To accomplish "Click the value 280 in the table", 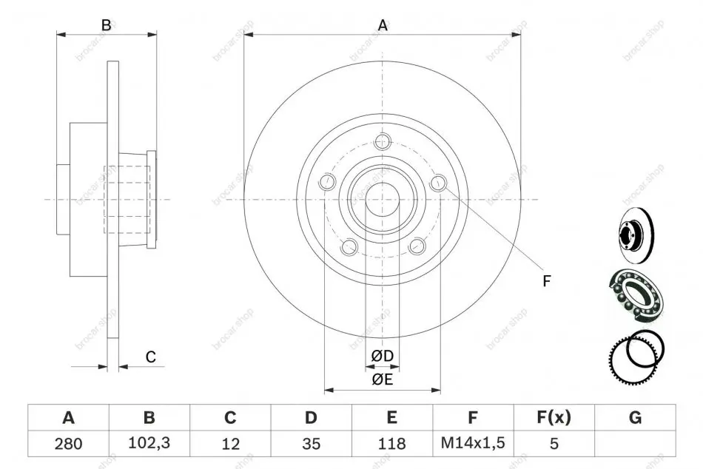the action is [x=68, y=444].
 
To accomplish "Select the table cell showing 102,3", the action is [x=149, y=443].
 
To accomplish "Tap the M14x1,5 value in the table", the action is [x=473, y=443].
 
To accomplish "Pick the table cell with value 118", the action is [x=392, y=444].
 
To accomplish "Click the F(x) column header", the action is [x=554, y=417].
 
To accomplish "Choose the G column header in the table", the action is [x=636, y=417].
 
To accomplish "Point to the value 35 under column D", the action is [x=311, y=444].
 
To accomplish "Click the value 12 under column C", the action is [x=230, y=444].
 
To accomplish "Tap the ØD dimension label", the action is [x=383, y=356].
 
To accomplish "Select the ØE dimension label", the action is [x=383, y=379].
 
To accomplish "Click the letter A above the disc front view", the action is [x=383, y=26].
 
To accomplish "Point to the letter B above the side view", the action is [x=107, y=25].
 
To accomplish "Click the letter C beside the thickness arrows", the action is [x=151, y=357].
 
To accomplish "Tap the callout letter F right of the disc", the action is [x=546, y=281].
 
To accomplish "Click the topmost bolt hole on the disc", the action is [x=383, y=141].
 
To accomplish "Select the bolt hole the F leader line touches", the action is [x=438, y=182].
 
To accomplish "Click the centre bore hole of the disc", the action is [x=383, y=200].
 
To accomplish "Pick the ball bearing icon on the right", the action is [x=636, y=295].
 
